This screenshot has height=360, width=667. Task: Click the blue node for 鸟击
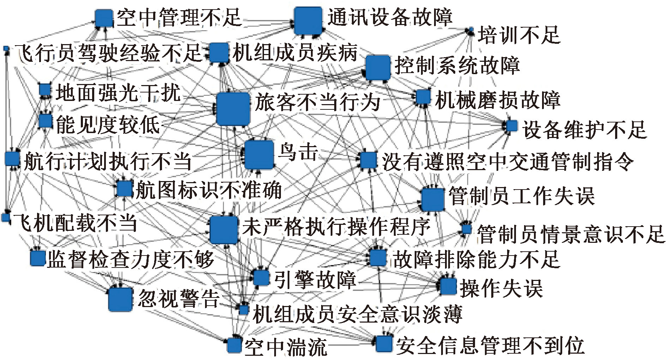pyautogui.click(x=259, y=155)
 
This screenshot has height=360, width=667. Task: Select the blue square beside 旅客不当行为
pyautogui.click(x=233, y=109)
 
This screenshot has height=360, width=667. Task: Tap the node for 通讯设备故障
pyautogui.click(x=308, y=21)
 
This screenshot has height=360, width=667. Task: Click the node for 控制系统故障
pyautogui.click(x=378, y=67)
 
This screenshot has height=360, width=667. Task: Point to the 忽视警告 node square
pyautogui.click(x=120, y=299)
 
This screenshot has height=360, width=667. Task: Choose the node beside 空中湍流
pyautogui.click(x=234, y=345)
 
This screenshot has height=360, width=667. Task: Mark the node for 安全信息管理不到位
pyautogui.click(x=384, y=343)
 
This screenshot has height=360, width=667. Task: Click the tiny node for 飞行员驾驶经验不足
pyautogui.click(x=6, y=48)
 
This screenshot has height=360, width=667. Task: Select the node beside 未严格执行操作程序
pyautogui.click(x=224, y=230)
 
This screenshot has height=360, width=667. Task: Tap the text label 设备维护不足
pyautogui.click(x=584, y=130)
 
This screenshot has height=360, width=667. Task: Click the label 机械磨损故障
pyautogui.click(x=498, y=100)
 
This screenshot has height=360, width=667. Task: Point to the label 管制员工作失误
pyautogui.click(x=522, y=196)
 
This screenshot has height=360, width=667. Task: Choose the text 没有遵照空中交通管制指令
pyautogui.click(x=507, y=162)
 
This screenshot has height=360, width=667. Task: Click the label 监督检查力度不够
pyautogui.click(x=131, y=260)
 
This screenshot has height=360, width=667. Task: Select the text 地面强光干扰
pyautogui.click(x=118, y=92)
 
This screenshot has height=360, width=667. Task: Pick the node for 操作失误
pyautogui.click(x=449, y=286)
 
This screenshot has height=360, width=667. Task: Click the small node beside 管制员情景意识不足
pyautogui.click(x=466, y=229)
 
